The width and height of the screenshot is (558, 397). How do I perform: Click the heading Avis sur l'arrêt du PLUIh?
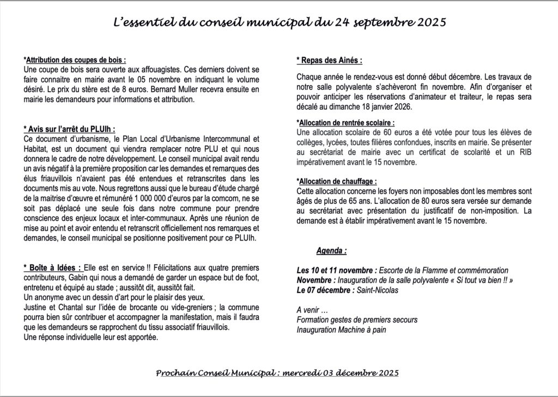(x=70, y=129)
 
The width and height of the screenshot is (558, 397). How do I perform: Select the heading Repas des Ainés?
(x=329, y=60)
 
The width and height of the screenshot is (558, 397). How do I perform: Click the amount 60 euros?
(x=379, y=133)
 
